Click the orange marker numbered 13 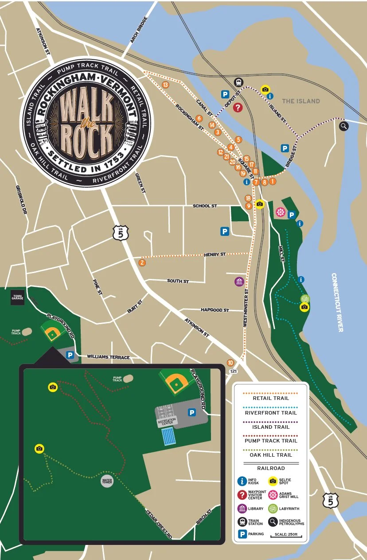[165, 85]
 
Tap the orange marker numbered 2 [142, 263]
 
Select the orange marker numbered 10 [230, 363]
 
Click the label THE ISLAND [301, 101]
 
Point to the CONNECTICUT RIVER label [340, 302]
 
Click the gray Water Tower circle [107, 481]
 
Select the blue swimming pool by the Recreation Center [168, 437]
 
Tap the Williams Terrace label [108, 357]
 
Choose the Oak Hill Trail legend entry [271, 455]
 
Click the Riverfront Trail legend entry [271, 413]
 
